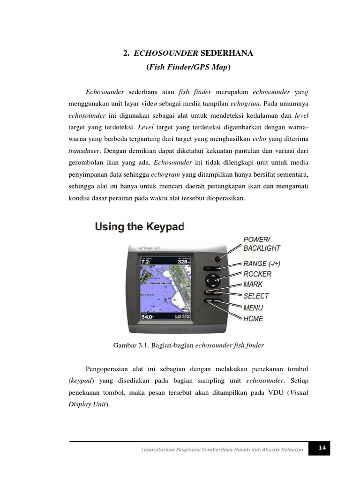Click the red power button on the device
tap(217, 259)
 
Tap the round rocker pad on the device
tap(213, 281)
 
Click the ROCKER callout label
tap(257, 274)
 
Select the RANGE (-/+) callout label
tap(265, 263)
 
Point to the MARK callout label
tap(253, 285)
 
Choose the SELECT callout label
tap(256, 296)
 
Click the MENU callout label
tap(253, 308)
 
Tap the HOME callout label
tap(253, 319)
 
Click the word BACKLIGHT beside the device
tap(262, 248)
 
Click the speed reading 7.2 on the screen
tap(145, 262)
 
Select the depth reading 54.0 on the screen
tap(147, 317)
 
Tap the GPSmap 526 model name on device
tap(146, 248)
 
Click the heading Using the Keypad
tap(140, 227)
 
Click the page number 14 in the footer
tap(322, 449)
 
